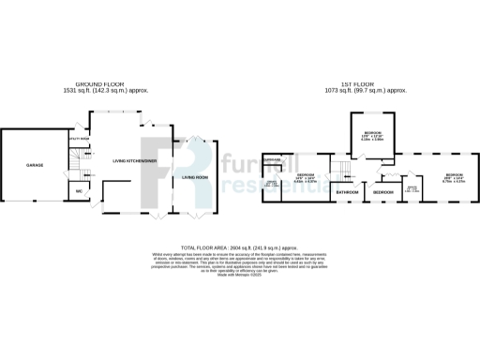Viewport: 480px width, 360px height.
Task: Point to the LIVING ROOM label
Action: (194, 177)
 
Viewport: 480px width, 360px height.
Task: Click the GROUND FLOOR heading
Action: (113, 84)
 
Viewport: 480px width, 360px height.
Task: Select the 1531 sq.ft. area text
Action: (113, 91)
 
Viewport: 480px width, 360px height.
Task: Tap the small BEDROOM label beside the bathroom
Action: (382, 191)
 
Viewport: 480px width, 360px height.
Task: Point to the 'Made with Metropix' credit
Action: (239, 276)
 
